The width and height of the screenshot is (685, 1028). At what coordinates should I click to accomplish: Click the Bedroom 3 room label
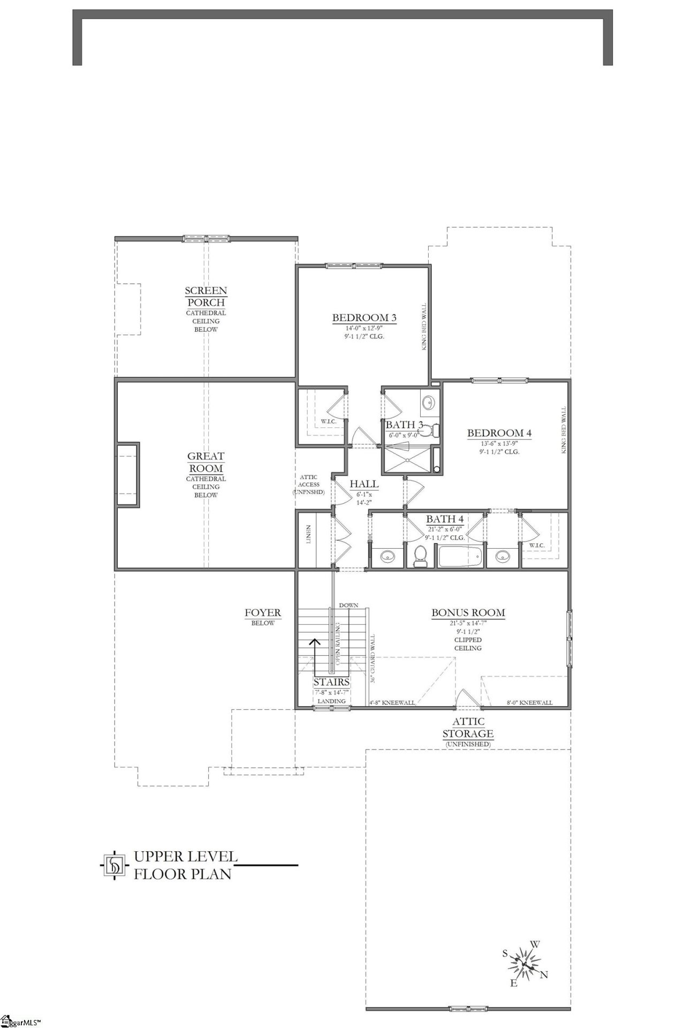point(364,318)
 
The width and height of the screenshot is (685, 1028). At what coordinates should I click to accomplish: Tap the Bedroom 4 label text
point(499,433)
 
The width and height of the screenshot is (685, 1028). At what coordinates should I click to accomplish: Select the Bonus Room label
point(468,613)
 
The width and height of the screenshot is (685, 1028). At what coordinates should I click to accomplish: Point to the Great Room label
point(205,462)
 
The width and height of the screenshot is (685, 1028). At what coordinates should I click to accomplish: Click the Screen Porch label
point(205,296)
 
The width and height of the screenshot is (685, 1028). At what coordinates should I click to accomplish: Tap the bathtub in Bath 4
point(460,556)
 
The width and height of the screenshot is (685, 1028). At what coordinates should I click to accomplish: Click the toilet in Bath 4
point(420,556)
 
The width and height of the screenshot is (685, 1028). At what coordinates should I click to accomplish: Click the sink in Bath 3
point(429,403)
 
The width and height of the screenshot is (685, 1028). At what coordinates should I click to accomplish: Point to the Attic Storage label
point(468,728)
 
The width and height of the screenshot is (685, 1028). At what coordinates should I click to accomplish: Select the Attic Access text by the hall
point(308,484)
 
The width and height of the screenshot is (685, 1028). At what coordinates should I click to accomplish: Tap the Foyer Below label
point(263,616)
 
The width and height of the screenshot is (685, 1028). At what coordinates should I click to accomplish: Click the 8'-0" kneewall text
point(529,702)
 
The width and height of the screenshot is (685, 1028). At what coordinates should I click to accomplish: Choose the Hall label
point(364,484)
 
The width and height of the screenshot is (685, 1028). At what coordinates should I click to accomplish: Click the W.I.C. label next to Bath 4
point(537,546)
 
